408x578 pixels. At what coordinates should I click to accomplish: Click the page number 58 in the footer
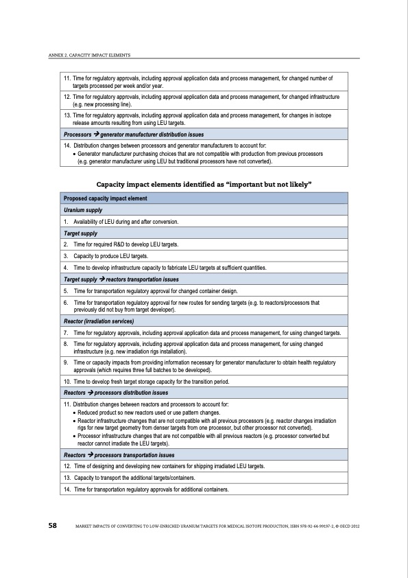click(52, 525)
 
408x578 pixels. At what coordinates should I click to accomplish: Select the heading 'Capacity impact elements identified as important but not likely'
click(204, 185)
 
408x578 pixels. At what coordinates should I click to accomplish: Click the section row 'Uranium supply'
click(84, 211)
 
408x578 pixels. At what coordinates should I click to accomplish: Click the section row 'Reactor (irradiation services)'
click(98, 321)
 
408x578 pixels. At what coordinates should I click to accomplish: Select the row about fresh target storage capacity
click(151, 381)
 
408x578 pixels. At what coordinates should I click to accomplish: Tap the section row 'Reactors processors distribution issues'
click(115, 393)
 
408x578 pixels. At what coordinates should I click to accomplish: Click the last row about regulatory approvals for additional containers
click(151, 489)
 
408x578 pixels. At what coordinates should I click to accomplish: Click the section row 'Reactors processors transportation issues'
click(119, 455)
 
